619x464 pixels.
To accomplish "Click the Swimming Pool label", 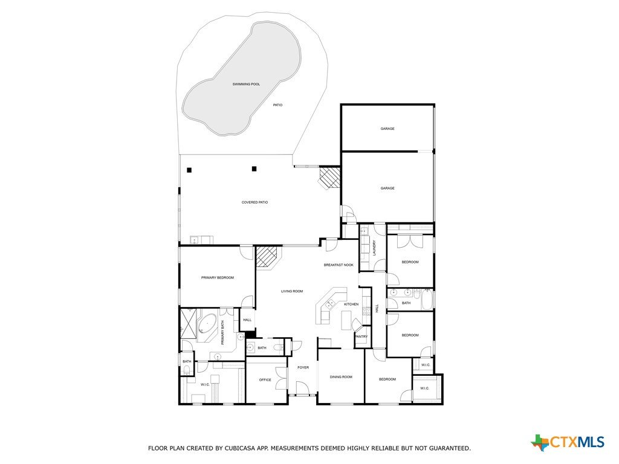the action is click(x=246, y=84).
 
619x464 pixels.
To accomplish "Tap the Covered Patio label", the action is click(x=254, y=202).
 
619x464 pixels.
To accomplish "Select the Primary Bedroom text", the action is click(x=218, y=278).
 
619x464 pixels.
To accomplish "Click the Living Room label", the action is click(x=292, y=291).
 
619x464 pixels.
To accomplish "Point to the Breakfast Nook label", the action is click(x=339, y=265).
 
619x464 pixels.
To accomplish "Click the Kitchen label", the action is click(x=351, y=304).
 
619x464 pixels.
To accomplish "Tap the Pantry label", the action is click(x=361, y=337).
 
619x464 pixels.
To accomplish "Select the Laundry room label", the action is click(x=374, y=248).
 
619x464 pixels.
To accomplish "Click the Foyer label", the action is click(x=303, y=368).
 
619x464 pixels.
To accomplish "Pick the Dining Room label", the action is click(x=341, y=377).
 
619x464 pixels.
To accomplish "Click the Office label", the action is click(x=265, y=380).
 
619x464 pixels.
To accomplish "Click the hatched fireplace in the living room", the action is click(x=268, y=257).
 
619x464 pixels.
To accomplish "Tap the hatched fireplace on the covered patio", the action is click(x=329, y=176).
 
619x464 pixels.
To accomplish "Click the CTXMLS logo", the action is click(x=568, y=442).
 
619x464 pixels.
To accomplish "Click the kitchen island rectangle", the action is click(x=346, y=320).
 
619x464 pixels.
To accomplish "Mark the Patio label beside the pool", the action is click(x=277, y=105).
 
